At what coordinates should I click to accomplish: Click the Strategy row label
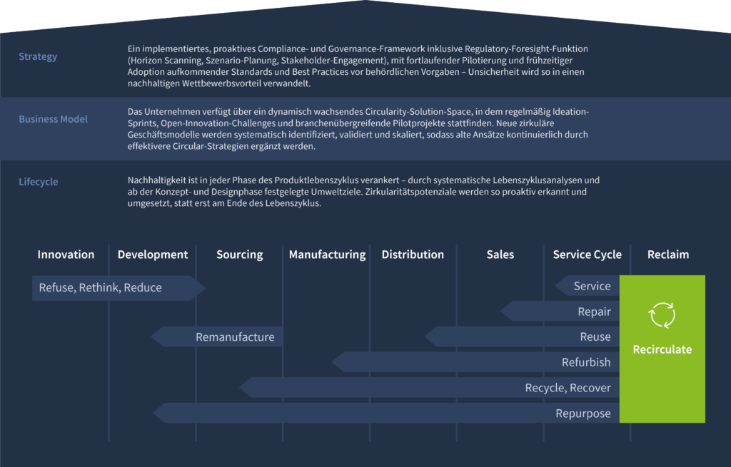click(38, 56)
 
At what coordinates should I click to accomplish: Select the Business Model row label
click(53, 119)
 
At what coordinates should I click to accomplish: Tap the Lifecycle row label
click(39, 182)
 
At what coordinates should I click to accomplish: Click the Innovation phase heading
click(66, 255)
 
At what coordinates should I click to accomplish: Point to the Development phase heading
click(153, 255)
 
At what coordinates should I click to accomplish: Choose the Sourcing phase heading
click(240, 255)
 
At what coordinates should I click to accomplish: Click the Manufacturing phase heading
click(327, 255)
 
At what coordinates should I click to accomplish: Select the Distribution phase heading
click(413, 255)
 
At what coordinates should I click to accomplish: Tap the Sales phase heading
click(500, 255)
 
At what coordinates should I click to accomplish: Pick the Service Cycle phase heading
click(587, 255)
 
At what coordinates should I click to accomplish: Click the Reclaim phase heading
click(668, 255)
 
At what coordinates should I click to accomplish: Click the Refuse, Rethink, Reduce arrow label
click(101, 288)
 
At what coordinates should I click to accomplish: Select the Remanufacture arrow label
click(235, 337)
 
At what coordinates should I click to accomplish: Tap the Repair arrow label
click(594, 312)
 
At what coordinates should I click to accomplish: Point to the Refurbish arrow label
click(586, 362)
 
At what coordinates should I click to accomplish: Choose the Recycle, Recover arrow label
click(568, 388)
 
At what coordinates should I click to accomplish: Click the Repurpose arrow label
click(583, 414)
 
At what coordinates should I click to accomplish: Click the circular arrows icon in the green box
click(662, 314)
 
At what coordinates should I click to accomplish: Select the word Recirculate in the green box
click(662, 349)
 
